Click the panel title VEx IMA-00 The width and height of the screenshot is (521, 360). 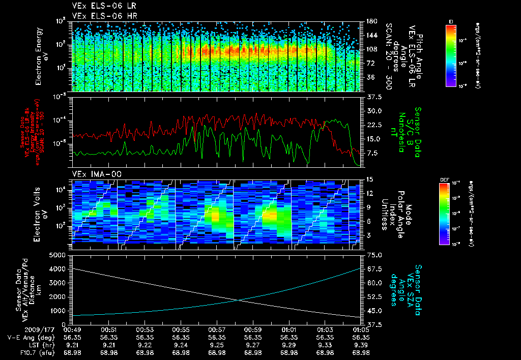[97, 174]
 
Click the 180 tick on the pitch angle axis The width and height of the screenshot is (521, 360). [371, 21]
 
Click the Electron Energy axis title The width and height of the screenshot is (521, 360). [41, 56]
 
